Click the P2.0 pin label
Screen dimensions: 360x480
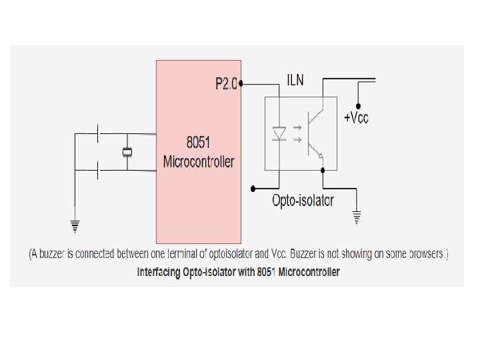(227, 84)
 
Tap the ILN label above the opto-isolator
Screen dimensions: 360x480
(295, 81)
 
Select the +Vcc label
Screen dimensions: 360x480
(356, 118)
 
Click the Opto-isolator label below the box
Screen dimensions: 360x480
(303, 200)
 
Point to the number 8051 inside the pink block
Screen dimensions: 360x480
(199, 143)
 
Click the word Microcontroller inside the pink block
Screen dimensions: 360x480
(199, 161)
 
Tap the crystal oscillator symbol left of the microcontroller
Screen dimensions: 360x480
(127, 152)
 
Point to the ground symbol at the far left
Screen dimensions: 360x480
(75, 227)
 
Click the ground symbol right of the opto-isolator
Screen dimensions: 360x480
(357, 216)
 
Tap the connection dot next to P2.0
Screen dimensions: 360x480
(241, 84)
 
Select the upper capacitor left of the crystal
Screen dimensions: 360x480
(98, 134)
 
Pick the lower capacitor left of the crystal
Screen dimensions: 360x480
(98, 170)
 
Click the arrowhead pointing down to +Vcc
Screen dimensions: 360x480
(358, 106)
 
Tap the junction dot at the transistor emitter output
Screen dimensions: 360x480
(323, 170)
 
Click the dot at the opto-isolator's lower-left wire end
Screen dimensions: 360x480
(252, 187)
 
